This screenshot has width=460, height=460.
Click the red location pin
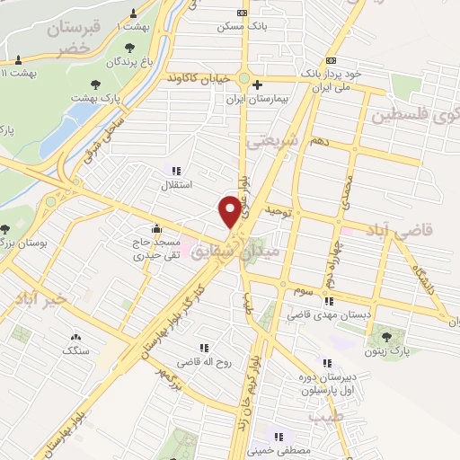coord(230,211)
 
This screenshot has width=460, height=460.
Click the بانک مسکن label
coord(237,25)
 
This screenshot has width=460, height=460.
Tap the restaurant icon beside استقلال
coord(175,170)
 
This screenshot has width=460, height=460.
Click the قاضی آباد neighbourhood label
coord(405,229)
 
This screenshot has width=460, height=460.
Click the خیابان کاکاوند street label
coord(197,79)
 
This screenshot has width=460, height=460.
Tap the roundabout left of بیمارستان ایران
coord(243,78)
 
